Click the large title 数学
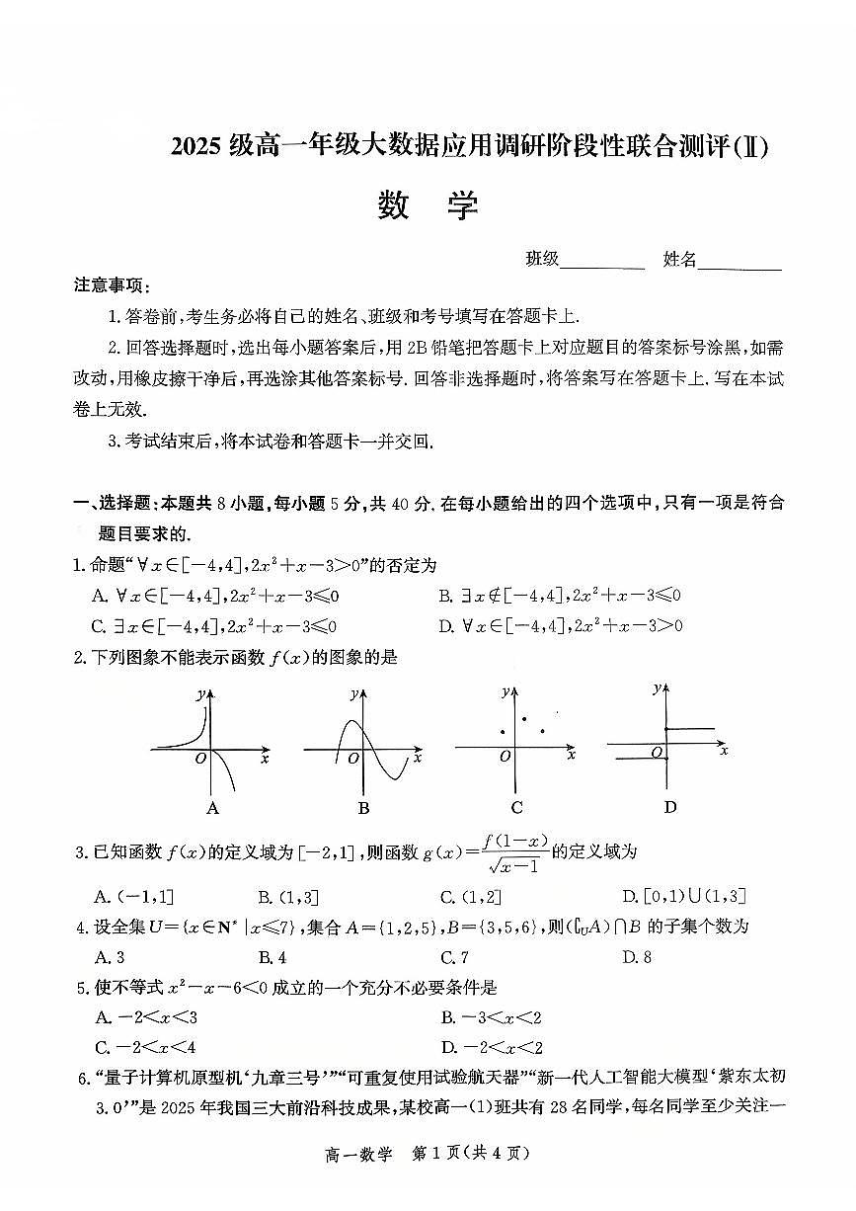[428, 205]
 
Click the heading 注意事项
[112, 285]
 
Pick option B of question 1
[560, 595]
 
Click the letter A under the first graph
[211, 808]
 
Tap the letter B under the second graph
[363, 808]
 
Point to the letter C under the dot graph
[516, 807]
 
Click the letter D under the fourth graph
[670, 806]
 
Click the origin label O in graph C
[505, 757]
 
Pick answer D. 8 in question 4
[637, 956]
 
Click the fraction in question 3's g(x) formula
[512, 852]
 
